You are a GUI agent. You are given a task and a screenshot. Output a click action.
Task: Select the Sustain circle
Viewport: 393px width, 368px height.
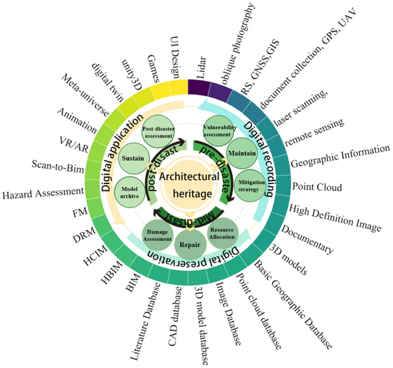[132, 158]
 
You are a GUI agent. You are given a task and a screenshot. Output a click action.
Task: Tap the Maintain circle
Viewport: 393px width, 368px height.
[242, 153]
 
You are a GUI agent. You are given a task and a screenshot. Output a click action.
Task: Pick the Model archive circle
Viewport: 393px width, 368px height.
[130, 189]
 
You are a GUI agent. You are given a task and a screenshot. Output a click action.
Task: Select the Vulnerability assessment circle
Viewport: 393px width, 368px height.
[218, 131]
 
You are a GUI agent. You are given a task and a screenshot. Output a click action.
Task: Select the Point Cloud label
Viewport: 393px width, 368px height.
[317, 187]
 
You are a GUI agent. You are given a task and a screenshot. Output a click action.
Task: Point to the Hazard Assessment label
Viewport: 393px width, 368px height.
[43, 192]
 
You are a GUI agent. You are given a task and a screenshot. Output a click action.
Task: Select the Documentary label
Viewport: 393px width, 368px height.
[307, 239]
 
